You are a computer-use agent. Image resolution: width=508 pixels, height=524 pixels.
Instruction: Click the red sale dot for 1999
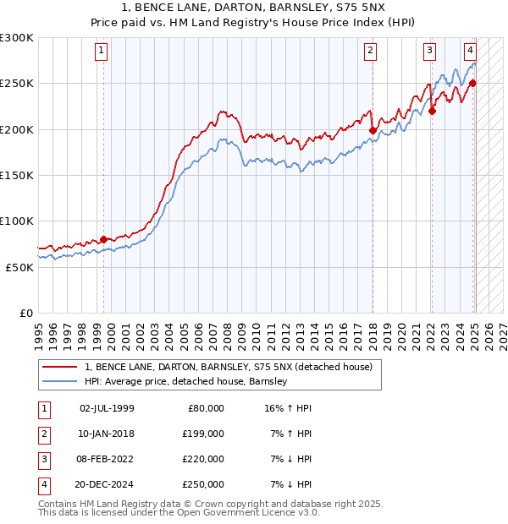(103, 239)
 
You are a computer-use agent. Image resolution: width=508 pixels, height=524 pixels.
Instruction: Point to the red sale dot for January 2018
(373, 130)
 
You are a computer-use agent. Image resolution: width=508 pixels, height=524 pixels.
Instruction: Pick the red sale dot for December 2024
(472, 83)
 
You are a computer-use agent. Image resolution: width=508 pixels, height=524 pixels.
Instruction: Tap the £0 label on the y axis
(25, 313)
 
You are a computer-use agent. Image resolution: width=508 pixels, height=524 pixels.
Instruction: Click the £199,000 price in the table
(202, 434)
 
